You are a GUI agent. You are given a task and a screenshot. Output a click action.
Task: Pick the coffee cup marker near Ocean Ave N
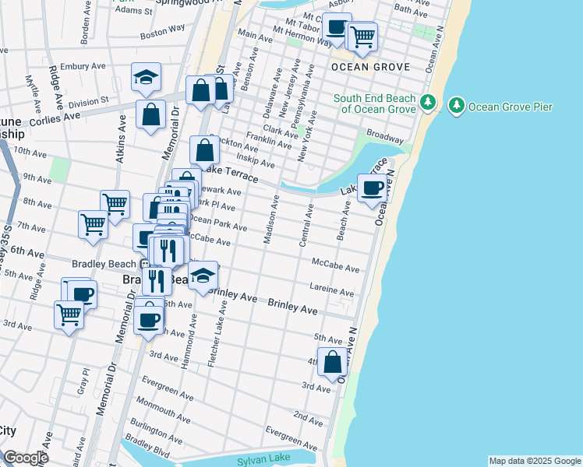(x=372, y=188)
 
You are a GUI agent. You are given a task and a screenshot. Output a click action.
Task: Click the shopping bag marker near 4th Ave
(x=332, y=362)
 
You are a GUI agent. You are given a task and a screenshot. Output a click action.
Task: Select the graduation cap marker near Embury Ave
(x=146, y=77)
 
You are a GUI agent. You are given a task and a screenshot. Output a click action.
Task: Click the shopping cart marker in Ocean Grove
(x=362, y=35)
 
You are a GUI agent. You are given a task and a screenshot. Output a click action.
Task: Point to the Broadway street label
(x=385, y=135)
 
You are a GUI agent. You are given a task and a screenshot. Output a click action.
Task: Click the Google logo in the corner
(x=26, y=458)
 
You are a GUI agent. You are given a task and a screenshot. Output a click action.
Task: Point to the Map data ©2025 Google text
(x=535, y=461)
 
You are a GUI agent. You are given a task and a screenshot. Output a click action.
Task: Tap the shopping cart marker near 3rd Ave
(x=69, y=315)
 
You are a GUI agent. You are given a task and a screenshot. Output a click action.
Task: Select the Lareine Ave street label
(x=332, y=290)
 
